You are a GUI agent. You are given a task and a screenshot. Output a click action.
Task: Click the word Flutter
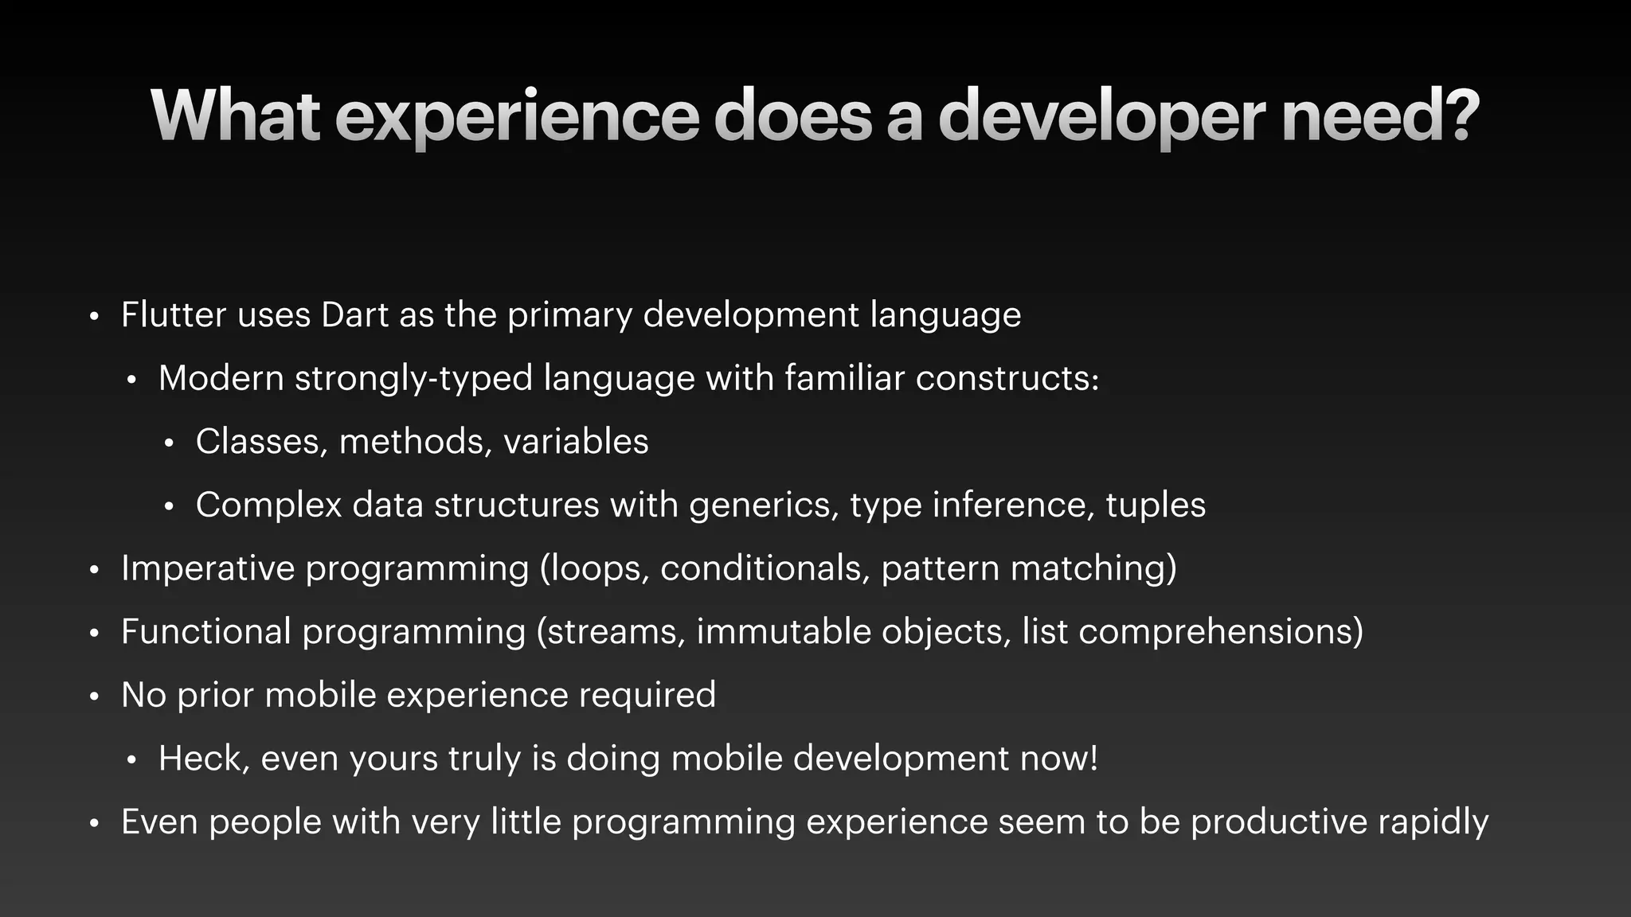point(174,314)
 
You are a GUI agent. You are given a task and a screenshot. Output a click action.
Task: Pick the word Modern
point(221,377)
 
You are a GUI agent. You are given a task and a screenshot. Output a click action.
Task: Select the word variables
point(576,442)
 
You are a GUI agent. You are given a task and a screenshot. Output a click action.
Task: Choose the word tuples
point(1156,505)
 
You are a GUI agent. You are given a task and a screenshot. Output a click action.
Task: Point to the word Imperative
point(208,568)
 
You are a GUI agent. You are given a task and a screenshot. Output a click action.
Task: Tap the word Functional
point(206,631)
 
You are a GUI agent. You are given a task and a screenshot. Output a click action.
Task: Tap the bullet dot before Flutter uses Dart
point(94,317)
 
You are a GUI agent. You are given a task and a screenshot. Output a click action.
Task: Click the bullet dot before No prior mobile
point(94,697)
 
